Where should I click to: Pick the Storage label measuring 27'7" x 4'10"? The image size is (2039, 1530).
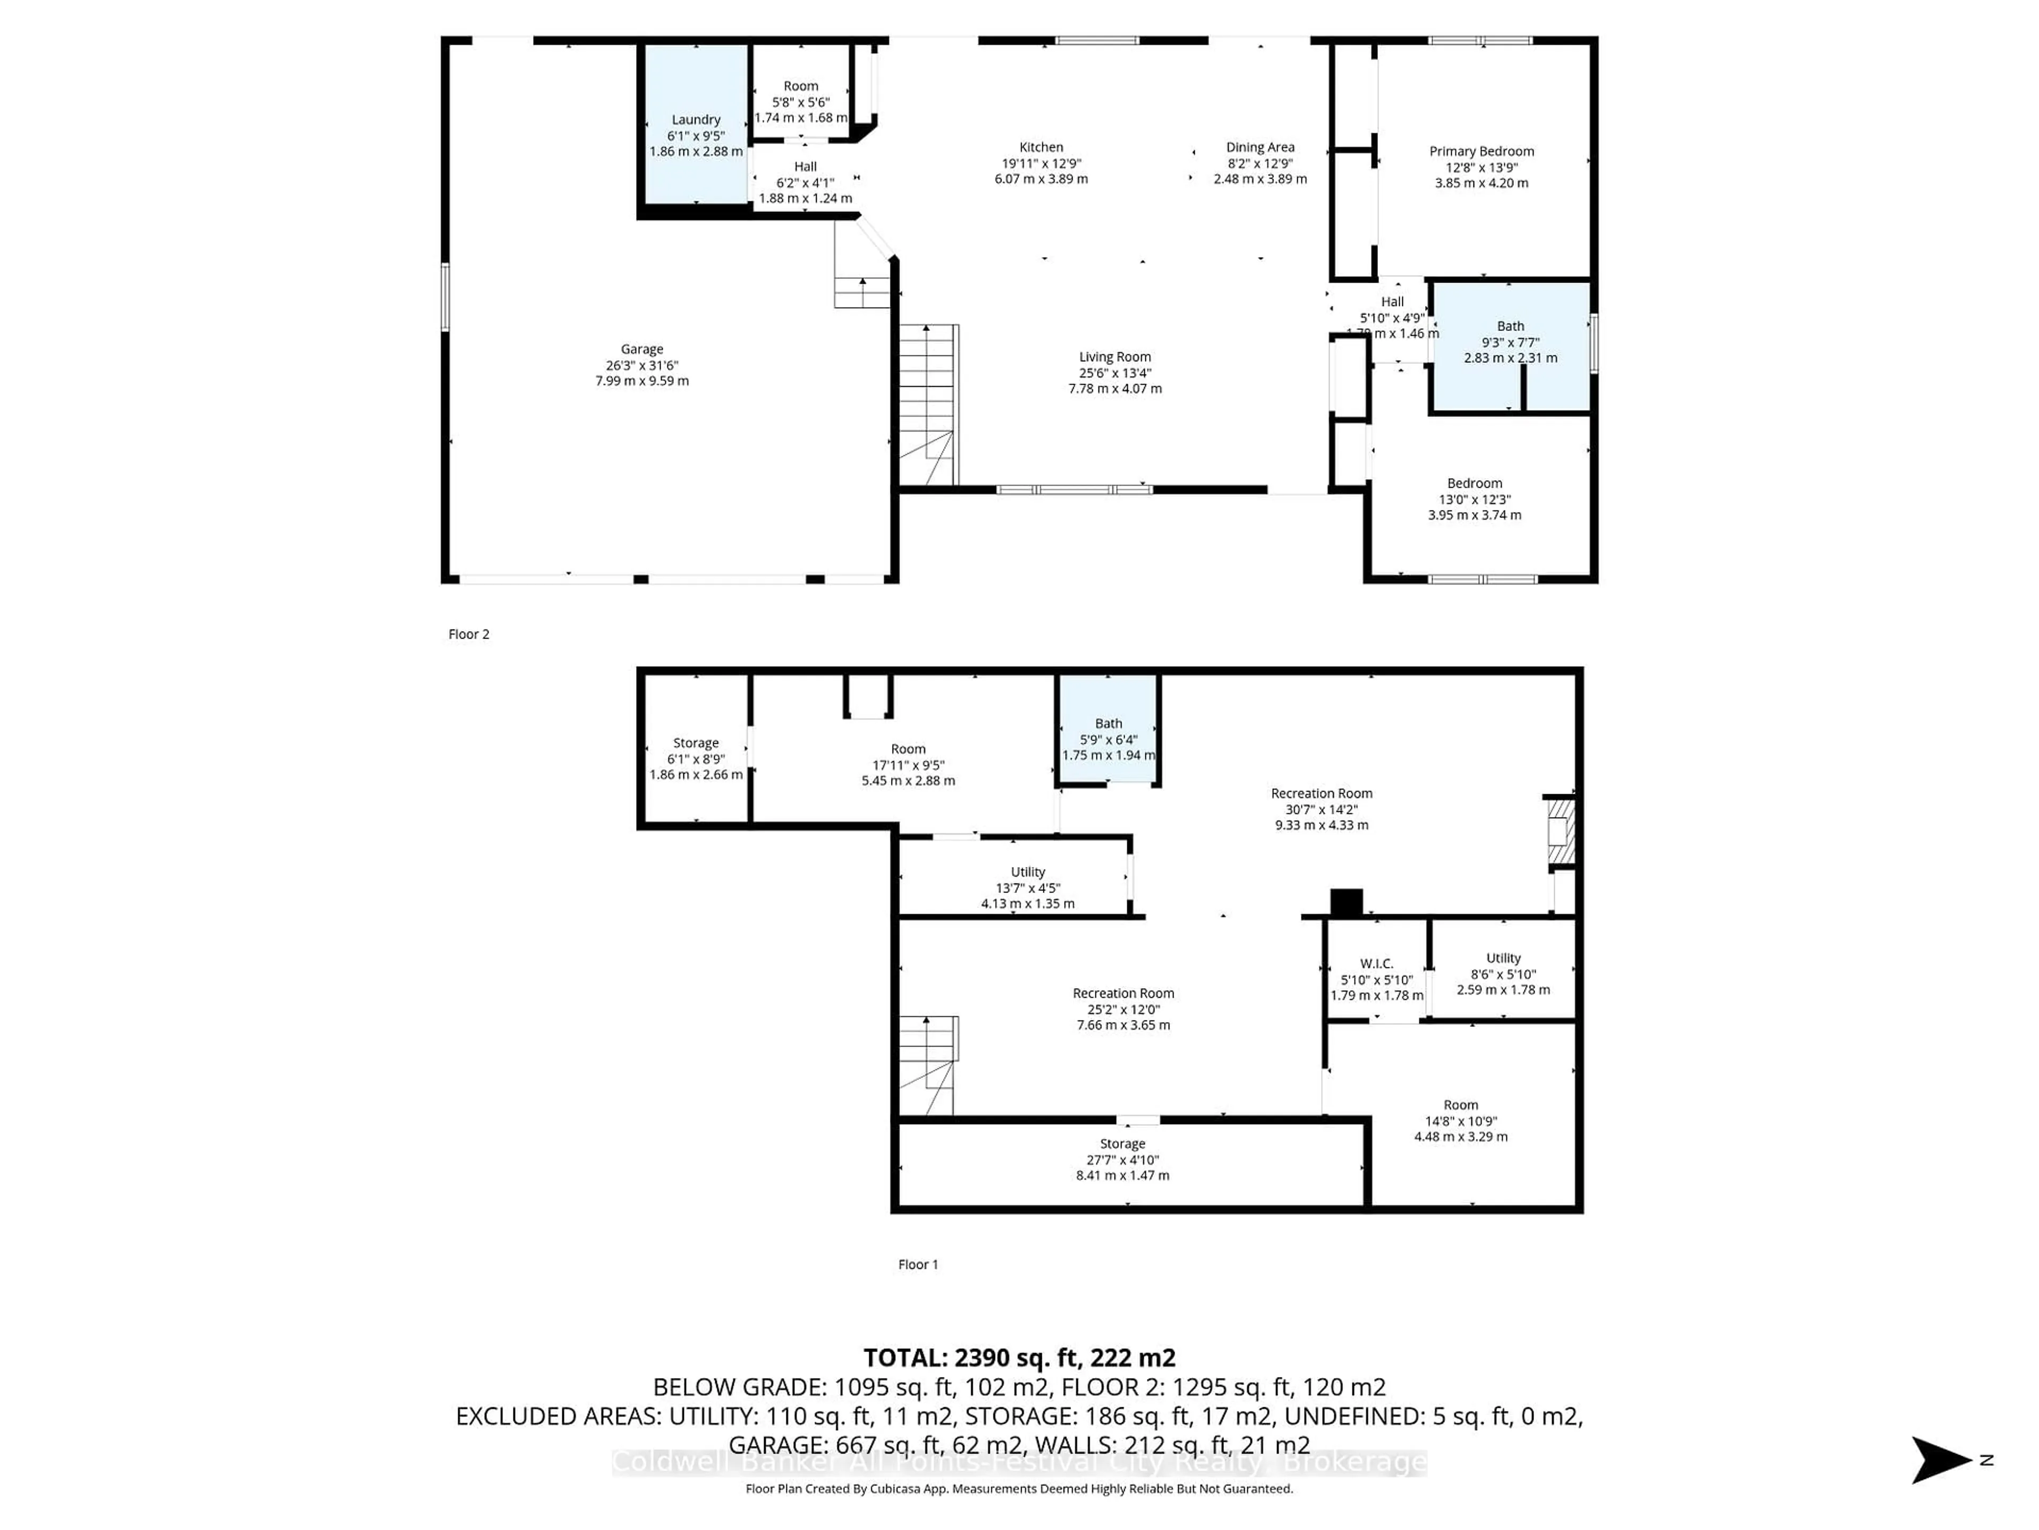pos(1122,1144)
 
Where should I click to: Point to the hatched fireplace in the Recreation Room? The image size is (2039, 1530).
pos(1560,834)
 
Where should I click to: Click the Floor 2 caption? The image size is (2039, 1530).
pos(468,634)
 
